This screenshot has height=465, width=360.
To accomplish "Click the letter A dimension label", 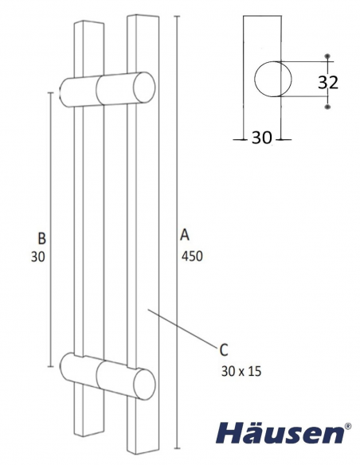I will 184,236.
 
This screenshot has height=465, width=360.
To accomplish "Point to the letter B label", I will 42,237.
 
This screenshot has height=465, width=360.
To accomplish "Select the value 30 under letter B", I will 36,256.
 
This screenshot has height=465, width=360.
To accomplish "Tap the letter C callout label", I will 224,348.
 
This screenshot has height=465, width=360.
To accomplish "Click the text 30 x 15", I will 240,369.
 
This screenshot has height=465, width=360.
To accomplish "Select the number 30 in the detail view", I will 261,137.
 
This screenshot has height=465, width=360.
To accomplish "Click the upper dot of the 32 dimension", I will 327,56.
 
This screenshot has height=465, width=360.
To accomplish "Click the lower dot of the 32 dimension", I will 327,104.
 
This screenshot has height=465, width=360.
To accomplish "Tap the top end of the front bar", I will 142,16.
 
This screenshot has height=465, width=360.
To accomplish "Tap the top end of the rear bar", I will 88,21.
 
